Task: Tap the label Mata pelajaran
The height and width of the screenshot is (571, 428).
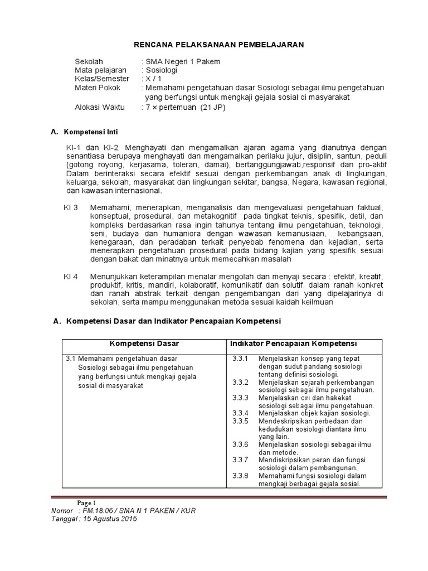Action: point(101,70)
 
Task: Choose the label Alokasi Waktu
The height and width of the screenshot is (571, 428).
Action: point(100,107)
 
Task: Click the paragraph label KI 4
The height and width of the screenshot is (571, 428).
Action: point(71,276)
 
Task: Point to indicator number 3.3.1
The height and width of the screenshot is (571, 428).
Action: point(241,358)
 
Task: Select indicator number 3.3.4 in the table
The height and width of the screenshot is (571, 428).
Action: point(241,413)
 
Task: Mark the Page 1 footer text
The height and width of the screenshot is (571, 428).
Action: point(87,502)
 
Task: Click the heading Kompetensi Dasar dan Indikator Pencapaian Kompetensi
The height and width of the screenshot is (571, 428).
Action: point(174,322)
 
